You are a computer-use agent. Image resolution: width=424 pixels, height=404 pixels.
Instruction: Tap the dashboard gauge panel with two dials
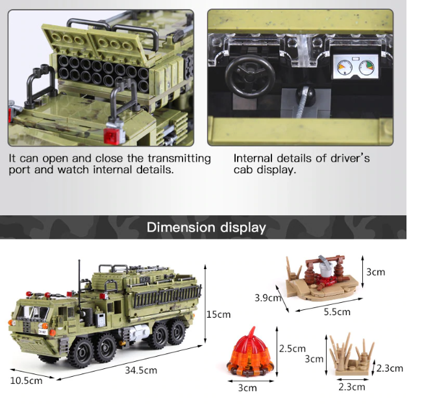(355, 68)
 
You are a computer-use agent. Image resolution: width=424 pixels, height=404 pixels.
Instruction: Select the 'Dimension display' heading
(206, 228)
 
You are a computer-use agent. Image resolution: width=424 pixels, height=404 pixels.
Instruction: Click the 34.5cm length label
(141, 370)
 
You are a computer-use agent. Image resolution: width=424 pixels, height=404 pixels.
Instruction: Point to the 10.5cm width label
(26, 381)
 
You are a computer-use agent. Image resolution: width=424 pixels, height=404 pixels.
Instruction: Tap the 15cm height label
(218, 315)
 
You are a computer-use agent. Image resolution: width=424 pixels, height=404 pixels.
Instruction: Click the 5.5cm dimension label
(337, 312)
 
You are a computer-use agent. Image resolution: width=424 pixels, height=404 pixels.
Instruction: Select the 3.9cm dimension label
(268, 298)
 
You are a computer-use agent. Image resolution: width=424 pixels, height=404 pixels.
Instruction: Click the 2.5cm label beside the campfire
(292, 349)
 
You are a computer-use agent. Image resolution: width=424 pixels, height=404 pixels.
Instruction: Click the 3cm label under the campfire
(247, 388)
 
